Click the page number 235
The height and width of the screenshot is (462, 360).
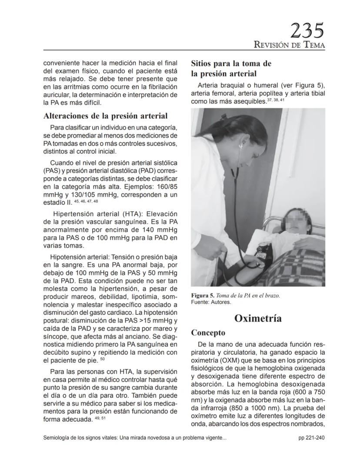(x=307, y=31)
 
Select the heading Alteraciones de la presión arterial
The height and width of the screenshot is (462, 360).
(x=106, y=116)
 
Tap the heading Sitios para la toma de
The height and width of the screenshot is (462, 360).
(x=231, y=63)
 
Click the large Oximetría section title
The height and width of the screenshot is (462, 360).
(x=258, y=318)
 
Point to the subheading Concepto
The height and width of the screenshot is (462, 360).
(x=208, y=333)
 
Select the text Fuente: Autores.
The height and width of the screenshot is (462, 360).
(x=211, y=302)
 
